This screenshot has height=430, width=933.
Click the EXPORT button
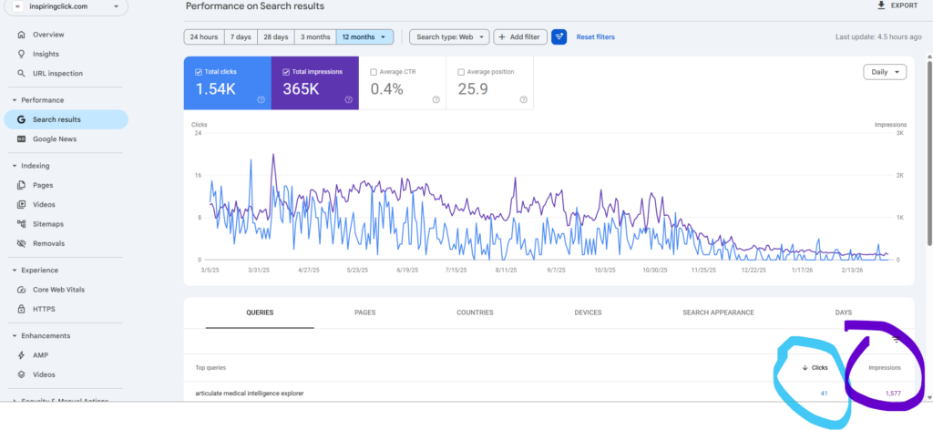[x=897, y=5]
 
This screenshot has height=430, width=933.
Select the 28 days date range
[x=275, y=37]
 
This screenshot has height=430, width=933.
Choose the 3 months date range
[x=315, y=37]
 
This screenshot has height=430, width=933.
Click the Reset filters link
[x=595, y=37]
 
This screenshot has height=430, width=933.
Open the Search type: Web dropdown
[x=448, y=37]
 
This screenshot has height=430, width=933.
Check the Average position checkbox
[x=461, y=72]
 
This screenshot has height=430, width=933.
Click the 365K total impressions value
[x=301, y=89]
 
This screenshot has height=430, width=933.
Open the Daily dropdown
[x=885, y=72]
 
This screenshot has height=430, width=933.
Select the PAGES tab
[x=364, y=312]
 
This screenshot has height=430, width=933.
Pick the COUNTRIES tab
[x=475, y=312]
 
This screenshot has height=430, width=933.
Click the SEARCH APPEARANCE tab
[x=718, y=312]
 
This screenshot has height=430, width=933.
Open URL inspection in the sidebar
[x=57, y=74]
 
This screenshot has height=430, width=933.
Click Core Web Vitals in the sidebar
[x=59, y=290]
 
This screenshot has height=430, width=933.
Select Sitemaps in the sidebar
[x=48, y=224]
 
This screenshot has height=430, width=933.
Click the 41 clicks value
[x=823, y=394]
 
